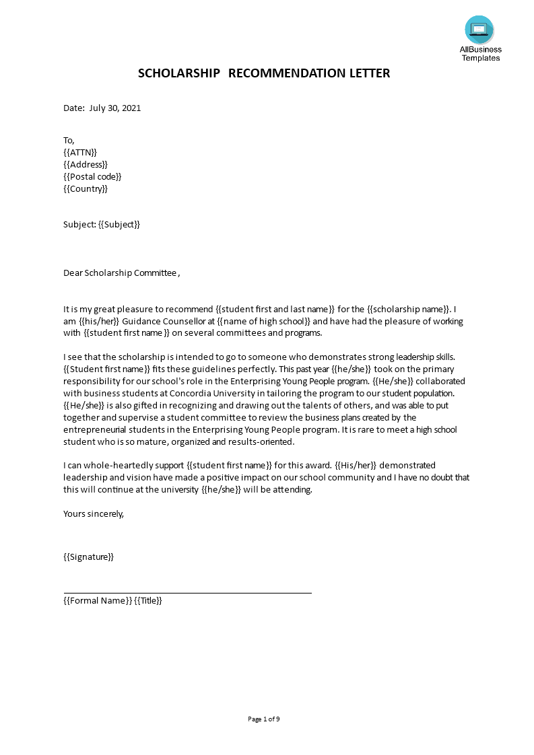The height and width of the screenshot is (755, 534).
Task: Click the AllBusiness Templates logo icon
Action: click(x=479, y=30)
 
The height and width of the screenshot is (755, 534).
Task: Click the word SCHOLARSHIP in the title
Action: click(x=178, y=73)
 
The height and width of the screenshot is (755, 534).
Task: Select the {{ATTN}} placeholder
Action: click(x=80, y=153)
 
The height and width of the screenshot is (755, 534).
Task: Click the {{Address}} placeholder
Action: click(x=86, y=165)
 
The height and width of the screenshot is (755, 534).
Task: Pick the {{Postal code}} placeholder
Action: click(x=92, y=177)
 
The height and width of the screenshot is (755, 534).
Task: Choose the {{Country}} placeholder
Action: click(x=86, y=189)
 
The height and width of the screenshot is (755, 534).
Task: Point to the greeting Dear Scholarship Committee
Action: click(x=121, y=273)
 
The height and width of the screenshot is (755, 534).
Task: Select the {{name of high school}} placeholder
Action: click(x=263, y=322)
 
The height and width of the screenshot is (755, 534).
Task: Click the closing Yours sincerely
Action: click(x=94, y=514)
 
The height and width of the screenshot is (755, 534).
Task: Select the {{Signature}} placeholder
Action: click(x=88, y=557)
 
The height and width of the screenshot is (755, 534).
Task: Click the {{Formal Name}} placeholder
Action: click(x=98, y=601)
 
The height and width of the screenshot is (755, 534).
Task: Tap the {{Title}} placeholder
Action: click(x=149, y=601)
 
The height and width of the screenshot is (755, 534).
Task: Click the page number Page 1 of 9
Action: click(x=264, y=719)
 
